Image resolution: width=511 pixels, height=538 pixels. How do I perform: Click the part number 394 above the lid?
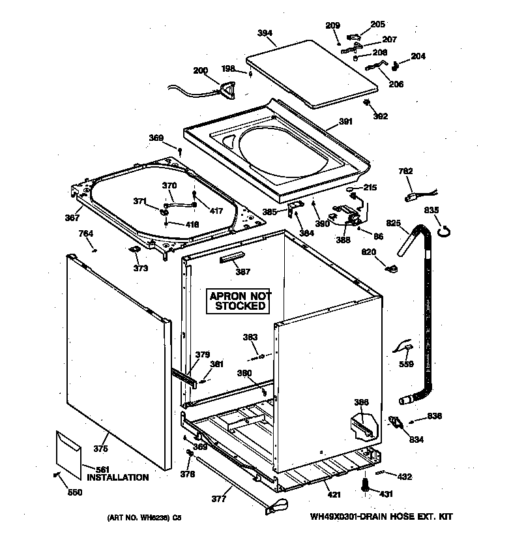(x=265, y=33)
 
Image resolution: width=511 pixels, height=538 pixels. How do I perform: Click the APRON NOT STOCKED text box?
(x=240, y=301)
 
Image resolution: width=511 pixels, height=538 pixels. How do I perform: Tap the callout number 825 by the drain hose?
(x=393, y=224)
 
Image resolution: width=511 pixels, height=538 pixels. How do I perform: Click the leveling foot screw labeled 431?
(x=365, y=485)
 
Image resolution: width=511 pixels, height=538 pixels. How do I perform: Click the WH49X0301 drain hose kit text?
(x=381, y=517)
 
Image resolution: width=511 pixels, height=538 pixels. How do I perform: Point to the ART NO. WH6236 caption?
(x=144, y=518)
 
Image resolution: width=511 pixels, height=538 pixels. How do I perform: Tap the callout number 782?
(x=405, y=172)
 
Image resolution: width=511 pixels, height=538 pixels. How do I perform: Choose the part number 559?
(x=406, y=364)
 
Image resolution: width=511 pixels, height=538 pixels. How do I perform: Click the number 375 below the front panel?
(x=100, y=448)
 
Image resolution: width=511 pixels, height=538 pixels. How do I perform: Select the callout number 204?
(x=418, y=56)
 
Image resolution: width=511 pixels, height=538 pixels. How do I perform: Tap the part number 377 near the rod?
(x=220, y=500)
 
